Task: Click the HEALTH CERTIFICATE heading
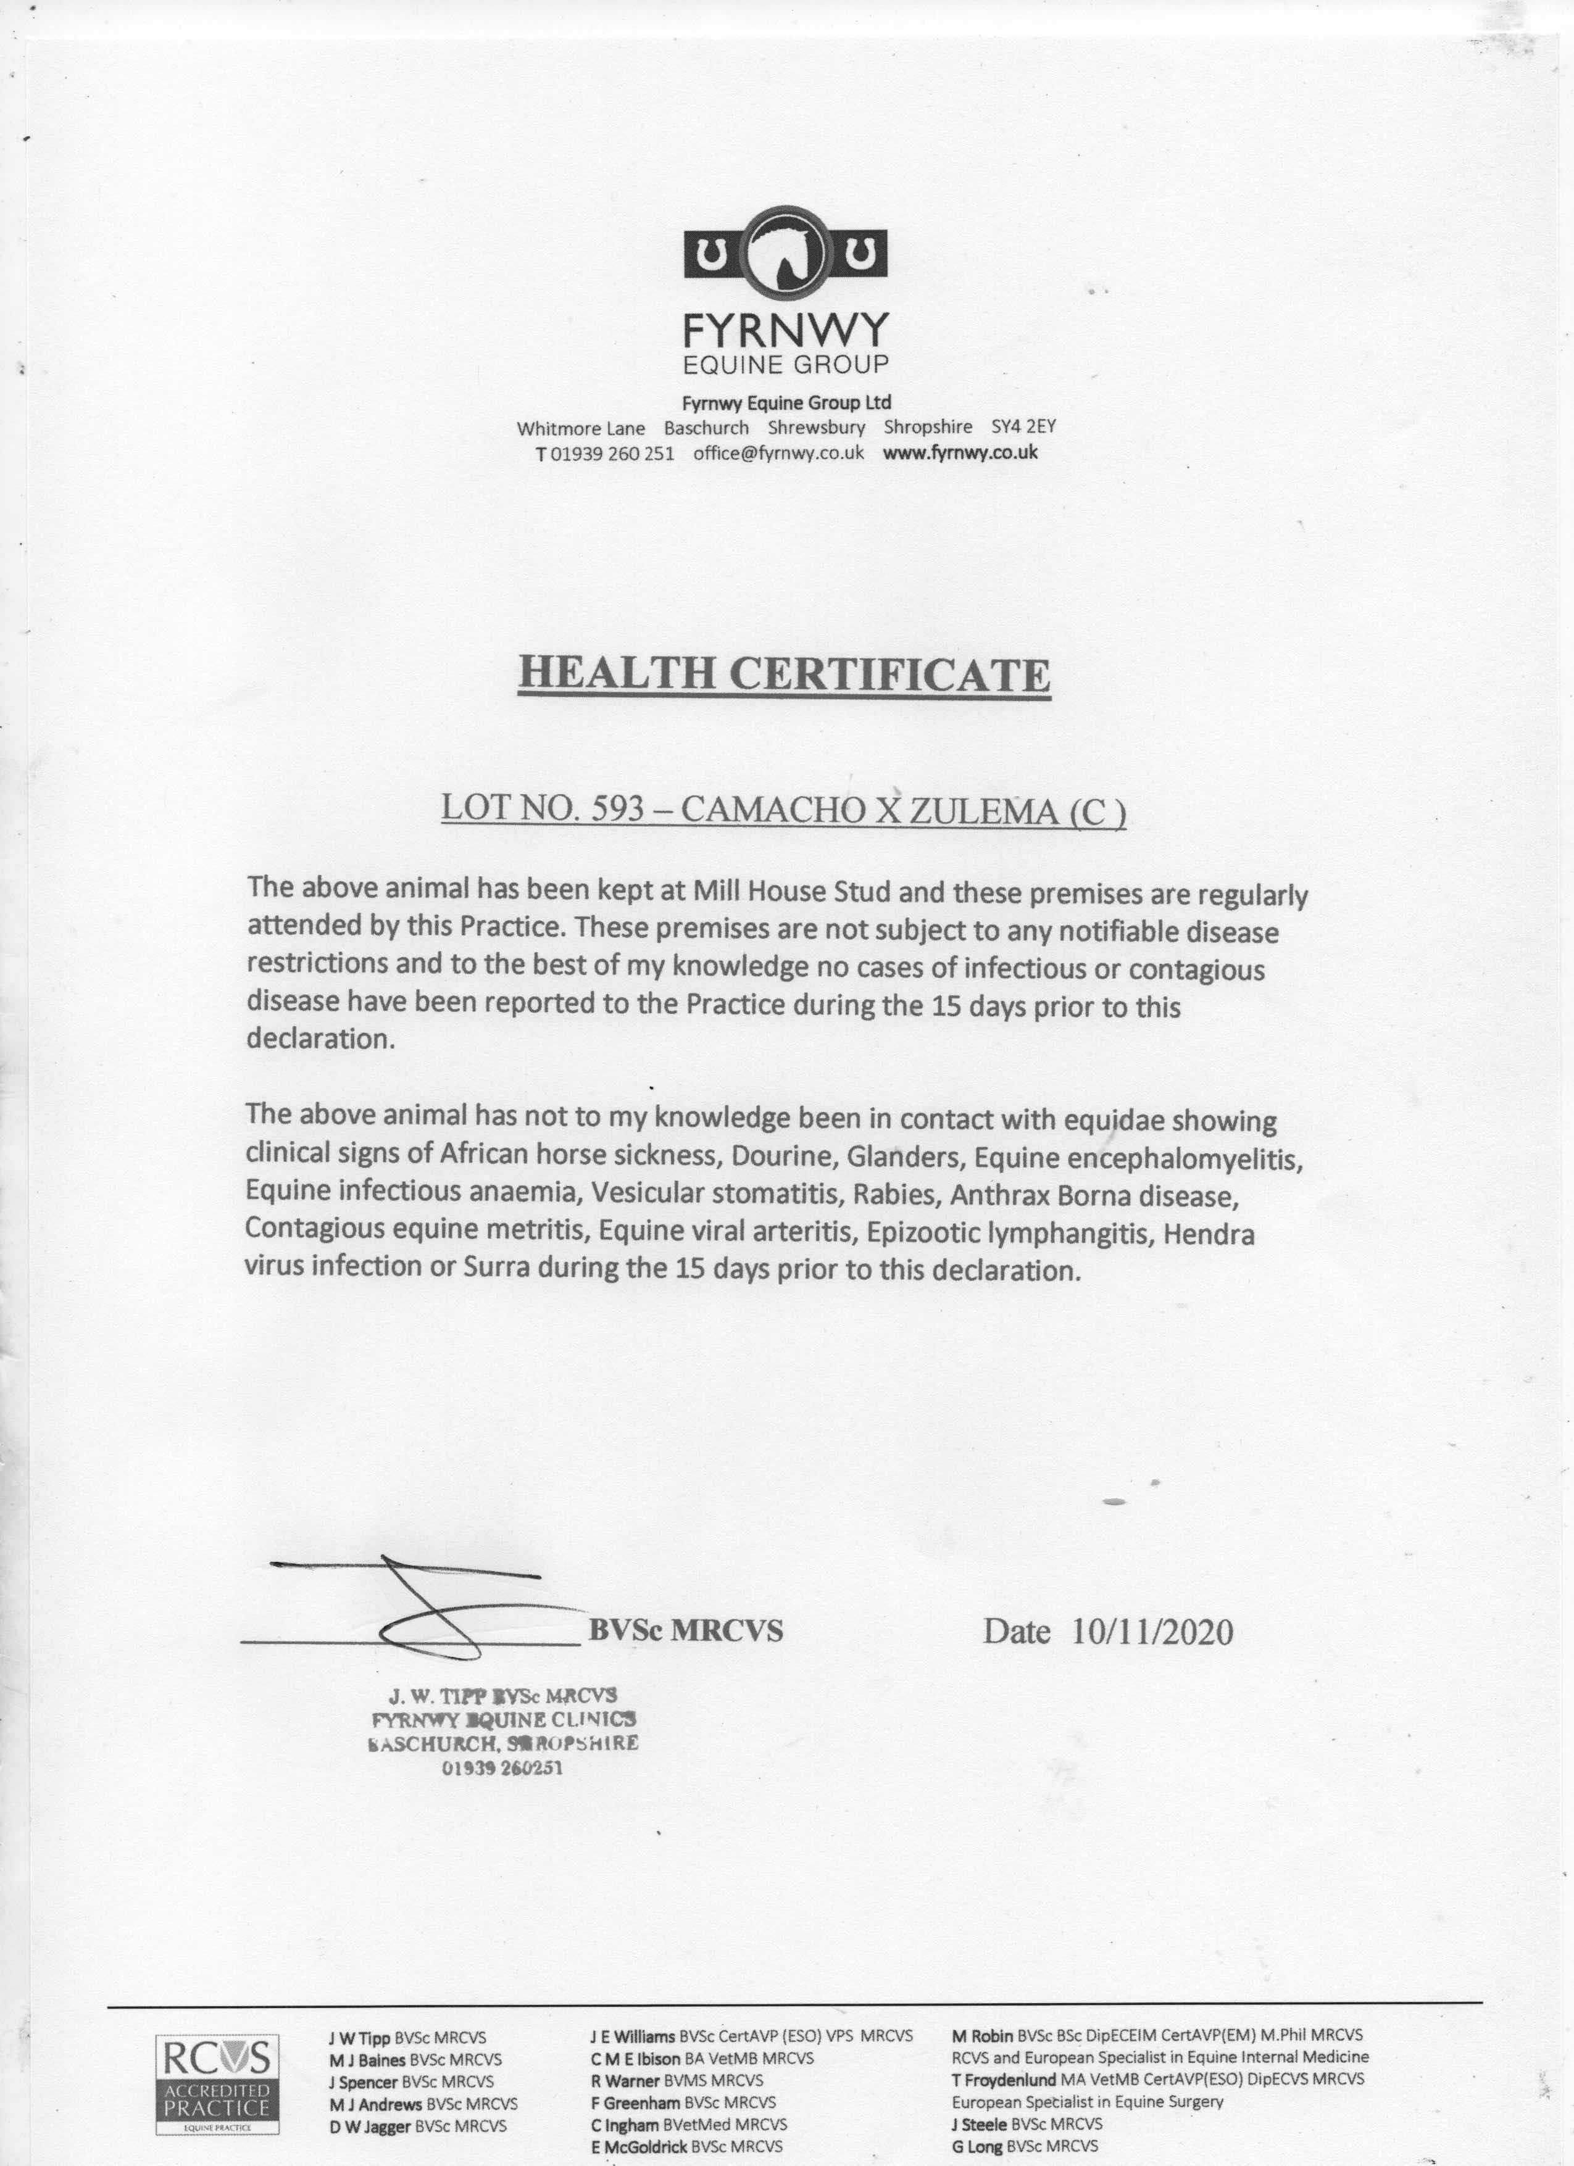point(784,674)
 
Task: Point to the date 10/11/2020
point(1152,1631)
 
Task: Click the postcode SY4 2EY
point(1023,427)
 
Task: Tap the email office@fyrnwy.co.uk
point(778,453)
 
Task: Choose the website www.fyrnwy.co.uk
point(960,453)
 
